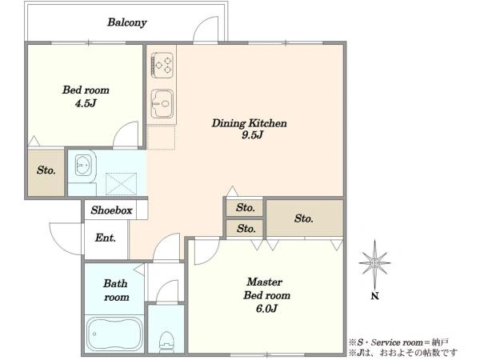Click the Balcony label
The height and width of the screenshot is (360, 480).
[126, 22]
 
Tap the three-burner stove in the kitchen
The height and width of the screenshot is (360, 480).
[162, 65]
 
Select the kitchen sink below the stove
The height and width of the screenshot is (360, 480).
[162, 103]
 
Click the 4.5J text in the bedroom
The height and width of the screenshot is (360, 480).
[86, 103]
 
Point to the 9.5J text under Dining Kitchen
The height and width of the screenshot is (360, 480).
[252, 135]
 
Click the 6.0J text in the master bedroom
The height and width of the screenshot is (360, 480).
[266, 309]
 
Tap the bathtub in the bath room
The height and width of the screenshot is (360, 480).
[114, 334]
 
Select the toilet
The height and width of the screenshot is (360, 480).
[167, 342]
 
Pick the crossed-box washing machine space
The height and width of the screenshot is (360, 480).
[122, 184]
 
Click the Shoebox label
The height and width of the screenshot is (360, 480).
[111, 210]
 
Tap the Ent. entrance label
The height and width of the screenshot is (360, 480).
[106, 238]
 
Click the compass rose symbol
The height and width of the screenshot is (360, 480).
[375, 263]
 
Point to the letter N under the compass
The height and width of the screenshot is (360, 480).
[375, 296]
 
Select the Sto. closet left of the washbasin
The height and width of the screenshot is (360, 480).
[46, 173]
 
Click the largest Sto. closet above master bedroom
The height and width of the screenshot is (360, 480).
[304, 218]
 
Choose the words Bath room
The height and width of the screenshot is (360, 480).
[116, 290]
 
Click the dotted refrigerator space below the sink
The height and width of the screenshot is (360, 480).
[161, 137]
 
